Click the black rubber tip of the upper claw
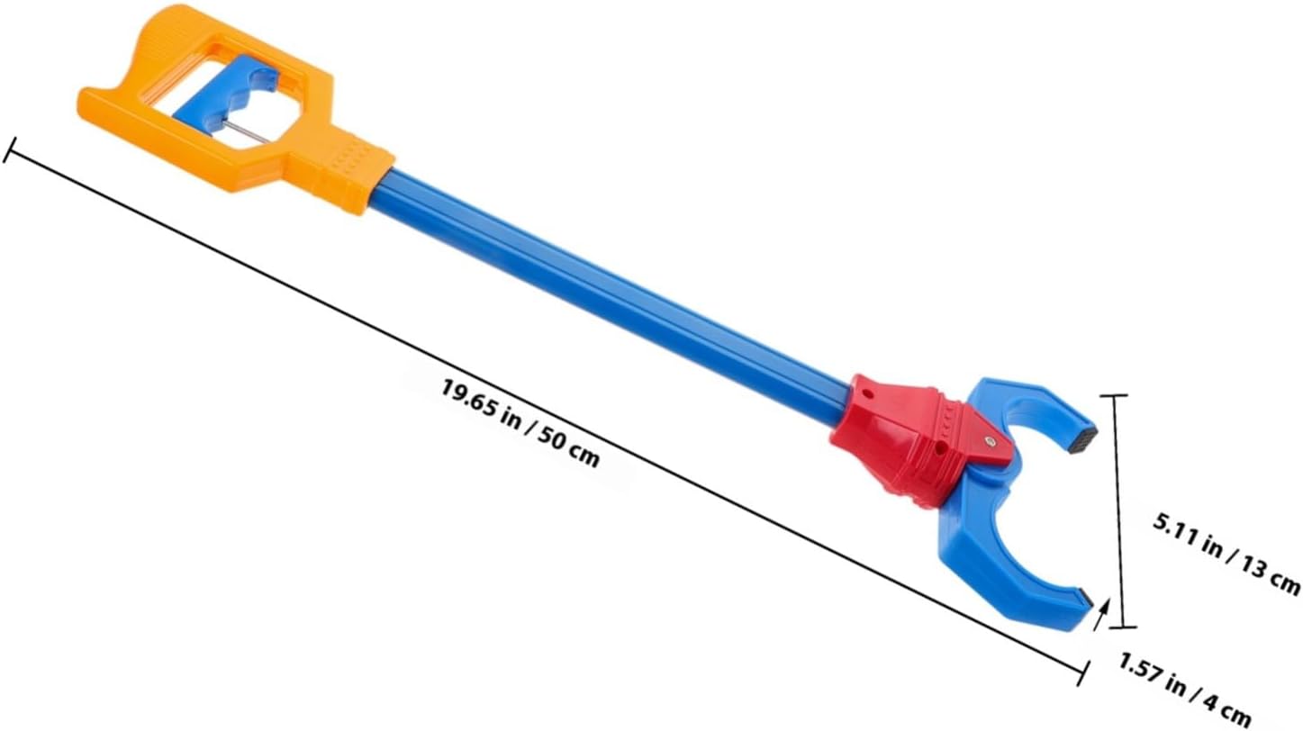pyautogui.click(x=1084, y=439)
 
